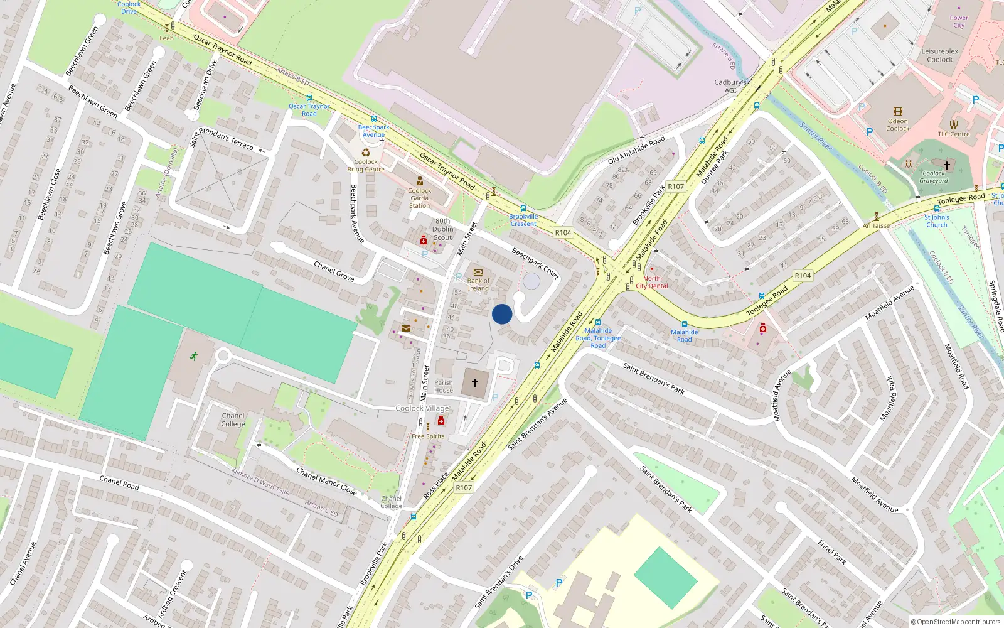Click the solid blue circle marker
(502, 314)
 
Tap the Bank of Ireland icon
(478, 273)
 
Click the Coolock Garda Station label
(419, 198)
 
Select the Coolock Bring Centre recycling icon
(366, 153)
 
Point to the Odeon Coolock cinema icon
(897, 112)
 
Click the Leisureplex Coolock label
(939, 56)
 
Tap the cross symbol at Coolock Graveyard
(947, 165)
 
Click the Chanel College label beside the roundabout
(233, 420)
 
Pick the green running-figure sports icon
(194, 356)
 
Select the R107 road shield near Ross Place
(464, 488)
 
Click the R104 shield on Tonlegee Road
(803, 276)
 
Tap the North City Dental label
(652, 282)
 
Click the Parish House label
(444, 386)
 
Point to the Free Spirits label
(428, 436)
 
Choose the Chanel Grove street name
(334, 271)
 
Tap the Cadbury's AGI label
(730, 86)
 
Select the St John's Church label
(936, 221)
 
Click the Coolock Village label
(422, 408)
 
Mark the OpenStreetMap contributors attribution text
(956, 622)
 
